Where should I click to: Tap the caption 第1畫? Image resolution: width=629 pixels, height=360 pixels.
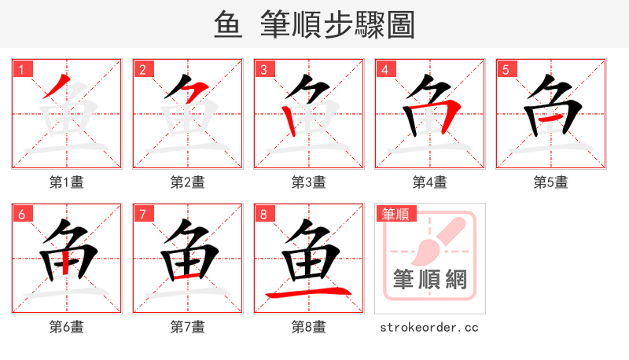point(67,182)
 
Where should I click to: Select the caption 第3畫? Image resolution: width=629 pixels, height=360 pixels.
point(309,182)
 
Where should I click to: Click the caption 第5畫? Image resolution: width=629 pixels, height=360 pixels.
point(551,182)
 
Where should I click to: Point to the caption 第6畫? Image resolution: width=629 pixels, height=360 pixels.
point(67,327)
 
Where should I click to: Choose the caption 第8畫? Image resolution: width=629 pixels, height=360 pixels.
point(309,327)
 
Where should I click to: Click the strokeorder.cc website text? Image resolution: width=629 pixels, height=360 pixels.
point(429,327)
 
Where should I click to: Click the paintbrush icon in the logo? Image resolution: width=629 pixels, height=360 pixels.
point(437,239)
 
